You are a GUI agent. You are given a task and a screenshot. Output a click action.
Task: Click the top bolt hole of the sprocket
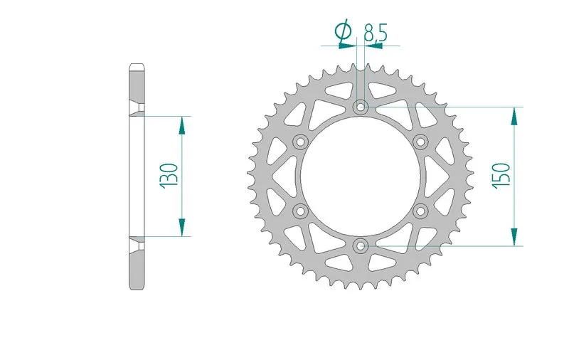[361, 107]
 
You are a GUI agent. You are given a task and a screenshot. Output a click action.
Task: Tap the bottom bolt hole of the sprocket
[361, 246]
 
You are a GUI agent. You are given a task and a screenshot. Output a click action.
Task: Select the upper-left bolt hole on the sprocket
[300, 142]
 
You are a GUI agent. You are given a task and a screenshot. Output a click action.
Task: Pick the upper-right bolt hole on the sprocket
[421, 142]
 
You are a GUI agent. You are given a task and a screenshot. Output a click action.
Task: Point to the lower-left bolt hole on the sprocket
[300, 211]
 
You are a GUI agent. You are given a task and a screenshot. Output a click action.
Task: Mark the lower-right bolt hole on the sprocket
[421, 211]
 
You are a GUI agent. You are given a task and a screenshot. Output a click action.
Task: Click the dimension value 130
[169, 175]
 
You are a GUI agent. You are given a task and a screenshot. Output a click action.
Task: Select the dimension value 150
[500, 176]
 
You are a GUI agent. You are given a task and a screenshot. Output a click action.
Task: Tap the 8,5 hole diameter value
[375, 31]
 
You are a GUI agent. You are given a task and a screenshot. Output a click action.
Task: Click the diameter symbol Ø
[343, 31]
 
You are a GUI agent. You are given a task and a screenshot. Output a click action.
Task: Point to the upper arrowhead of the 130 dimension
[182, 125]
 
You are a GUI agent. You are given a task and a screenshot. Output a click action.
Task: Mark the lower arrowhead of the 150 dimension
[514, 237]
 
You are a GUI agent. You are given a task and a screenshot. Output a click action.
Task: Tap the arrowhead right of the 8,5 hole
[374, 46]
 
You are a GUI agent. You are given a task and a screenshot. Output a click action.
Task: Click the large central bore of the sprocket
[361, 176]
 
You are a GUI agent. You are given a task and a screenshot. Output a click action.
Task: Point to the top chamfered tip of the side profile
[137, 68]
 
